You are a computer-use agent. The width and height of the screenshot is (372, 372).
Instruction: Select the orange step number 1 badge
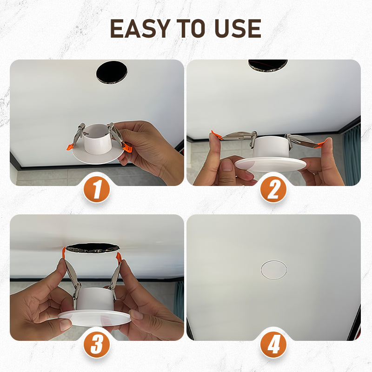[x=97, y=190]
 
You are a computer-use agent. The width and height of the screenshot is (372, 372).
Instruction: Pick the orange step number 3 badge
[x=97, y=345]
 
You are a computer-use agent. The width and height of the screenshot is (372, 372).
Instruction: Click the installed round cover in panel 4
[x=274, y=270]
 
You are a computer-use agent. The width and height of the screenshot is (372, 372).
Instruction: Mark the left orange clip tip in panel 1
[x=69, y=147]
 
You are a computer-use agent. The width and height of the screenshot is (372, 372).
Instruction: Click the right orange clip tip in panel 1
[x=127, y=148]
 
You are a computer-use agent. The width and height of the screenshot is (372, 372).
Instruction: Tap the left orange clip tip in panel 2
[x=215, y=135]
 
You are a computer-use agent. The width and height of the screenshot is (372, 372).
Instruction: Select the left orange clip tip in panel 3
[x=64, y=254]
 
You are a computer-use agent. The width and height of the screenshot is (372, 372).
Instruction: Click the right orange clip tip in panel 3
[x=119, y=257]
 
